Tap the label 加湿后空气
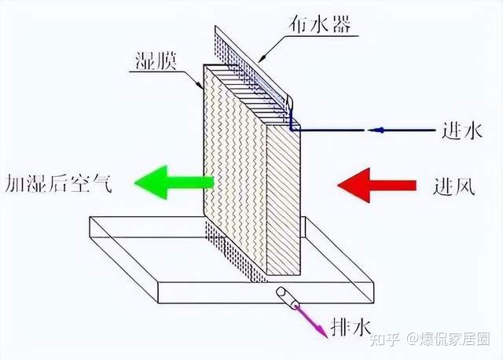pyautogui.click(x=59, y=184)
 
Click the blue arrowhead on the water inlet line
pyautogui.click(x=376, y=130)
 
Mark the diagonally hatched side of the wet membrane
pyautogui.click(x=283, y=204)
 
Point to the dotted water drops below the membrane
pyautogui.click(x=236, y=252)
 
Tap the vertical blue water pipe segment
pyautogui.click(x=290, y=119)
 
